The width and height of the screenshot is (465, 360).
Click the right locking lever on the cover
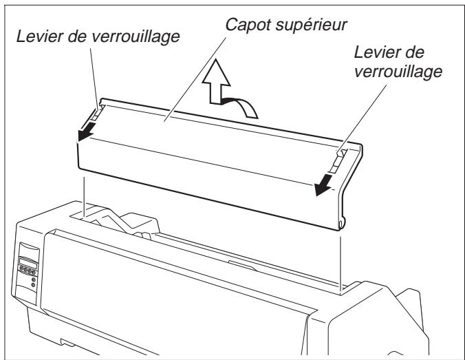[338, 157]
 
